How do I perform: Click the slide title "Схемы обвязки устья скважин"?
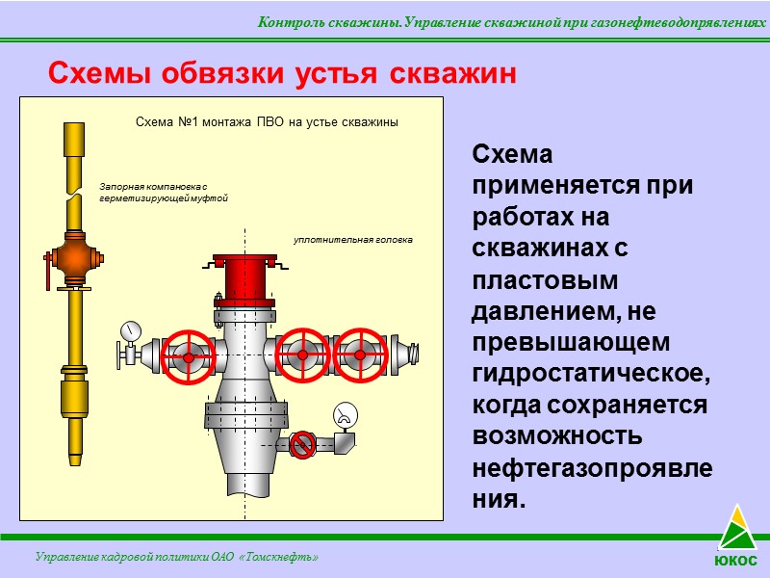point(283,73)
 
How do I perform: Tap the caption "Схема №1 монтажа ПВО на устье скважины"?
point(267,123)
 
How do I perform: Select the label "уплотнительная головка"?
point(352,239)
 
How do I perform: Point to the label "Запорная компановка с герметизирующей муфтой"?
point(163,192)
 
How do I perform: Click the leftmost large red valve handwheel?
point(188,356)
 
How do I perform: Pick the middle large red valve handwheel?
point(303,355)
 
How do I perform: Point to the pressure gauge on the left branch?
point(130,331)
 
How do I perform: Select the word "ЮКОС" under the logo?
point(735,561)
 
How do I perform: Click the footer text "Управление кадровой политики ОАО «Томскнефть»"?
point(176,558)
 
